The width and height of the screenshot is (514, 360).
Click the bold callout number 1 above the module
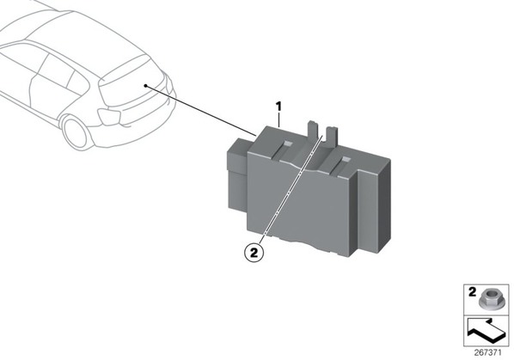coord(278,107)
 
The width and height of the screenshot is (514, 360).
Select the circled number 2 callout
coord(254,253)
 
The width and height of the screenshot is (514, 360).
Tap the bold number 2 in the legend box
coord(472,292)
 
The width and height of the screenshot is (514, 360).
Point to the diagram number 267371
coord(487,353)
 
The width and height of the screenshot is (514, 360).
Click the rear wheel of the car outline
coord(76,133)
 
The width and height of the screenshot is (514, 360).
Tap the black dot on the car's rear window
coord(145,86)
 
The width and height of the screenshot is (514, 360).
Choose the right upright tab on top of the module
coord(333,135)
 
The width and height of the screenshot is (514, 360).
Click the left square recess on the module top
coord(289,143)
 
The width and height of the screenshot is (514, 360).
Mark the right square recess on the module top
coord(346,160)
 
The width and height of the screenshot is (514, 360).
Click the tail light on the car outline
coord(110,116)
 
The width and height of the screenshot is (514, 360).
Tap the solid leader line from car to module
coord(200,111)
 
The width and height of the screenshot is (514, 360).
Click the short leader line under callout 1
coord(278,119)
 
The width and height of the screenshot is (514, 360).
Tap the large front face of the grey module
coord(297,204)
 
